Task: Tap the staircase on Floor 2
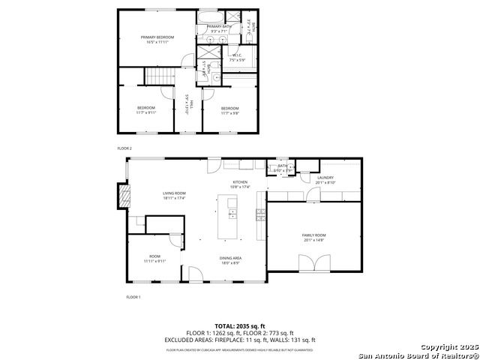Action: (158, 76)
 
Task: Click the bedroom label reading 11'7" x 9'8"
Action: (229, 110)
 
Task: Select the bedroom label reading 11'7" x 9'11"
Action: (146, 110)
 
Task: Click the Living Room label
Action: (174, 196)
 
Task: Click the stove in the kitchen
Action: (261, 215)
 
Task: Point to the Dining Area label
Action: (230, 260)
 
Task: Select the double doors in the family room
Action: (314, 263)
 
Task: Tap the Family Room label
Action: (314, 238)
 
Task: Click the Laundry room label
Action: (325, 179)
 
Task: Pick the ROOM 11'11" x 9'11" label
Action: (154, 259)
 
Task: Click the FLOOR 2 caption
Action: (124, 148)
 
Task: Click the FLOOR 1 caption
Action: (133, 298)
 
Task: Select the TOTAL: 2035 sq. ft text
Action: (240, 326)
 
